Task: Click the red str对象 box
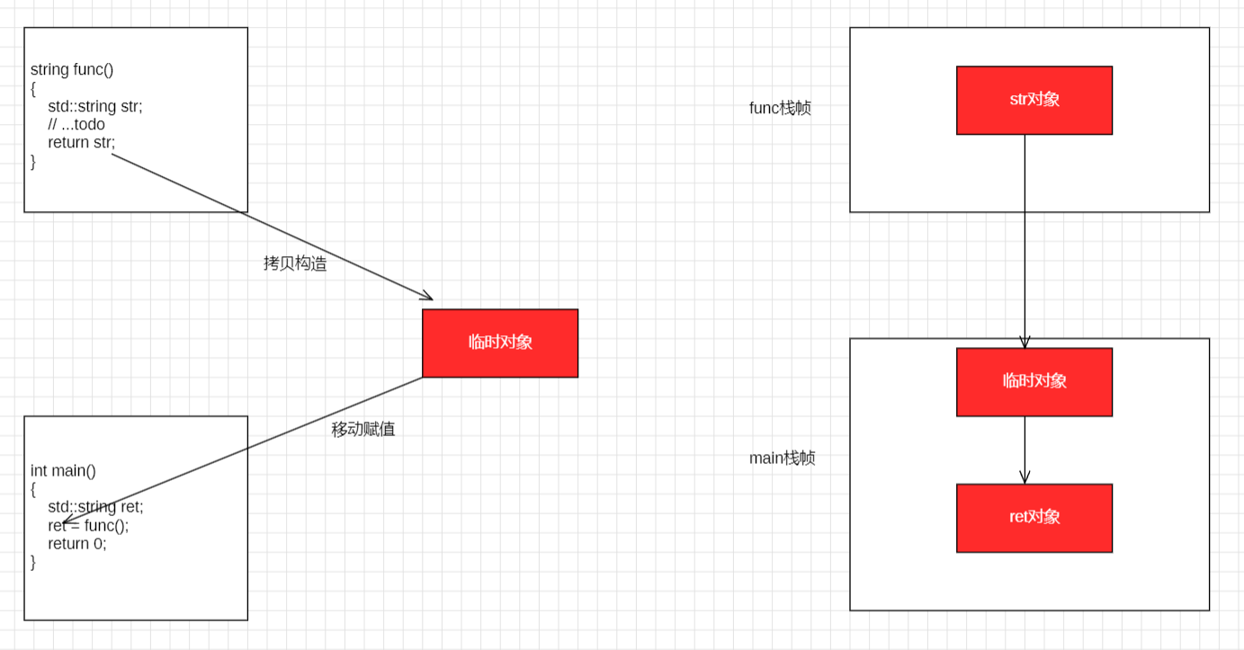(1034, 100)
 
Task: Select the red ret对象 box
(1034, 518)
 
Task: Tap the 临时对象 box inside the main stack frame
(1034, 381)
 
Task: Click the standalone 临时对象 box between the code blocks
(499, 343)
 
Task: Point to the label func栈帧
(780, 108)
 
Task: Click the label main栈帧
(782, 458)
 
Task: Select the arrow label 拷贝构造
(295, 263)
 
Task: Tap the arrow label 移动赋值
(362, 429)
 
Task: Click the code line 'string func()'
(72, 69)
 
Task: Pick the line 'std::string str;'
(94, 106)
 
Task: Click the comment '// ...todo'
(76, 124)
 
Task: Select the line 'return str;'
(81, 142)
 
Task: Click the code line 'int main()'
(63, 470)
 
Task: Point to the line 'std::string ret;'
(95, 506)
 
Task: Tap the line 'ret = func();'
(88, 525)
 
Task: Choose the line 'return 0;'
(76, 543)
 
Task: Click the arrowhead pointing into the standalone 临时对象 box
(428, 298)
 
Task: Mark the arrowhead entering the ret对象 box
(1025, 478)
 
